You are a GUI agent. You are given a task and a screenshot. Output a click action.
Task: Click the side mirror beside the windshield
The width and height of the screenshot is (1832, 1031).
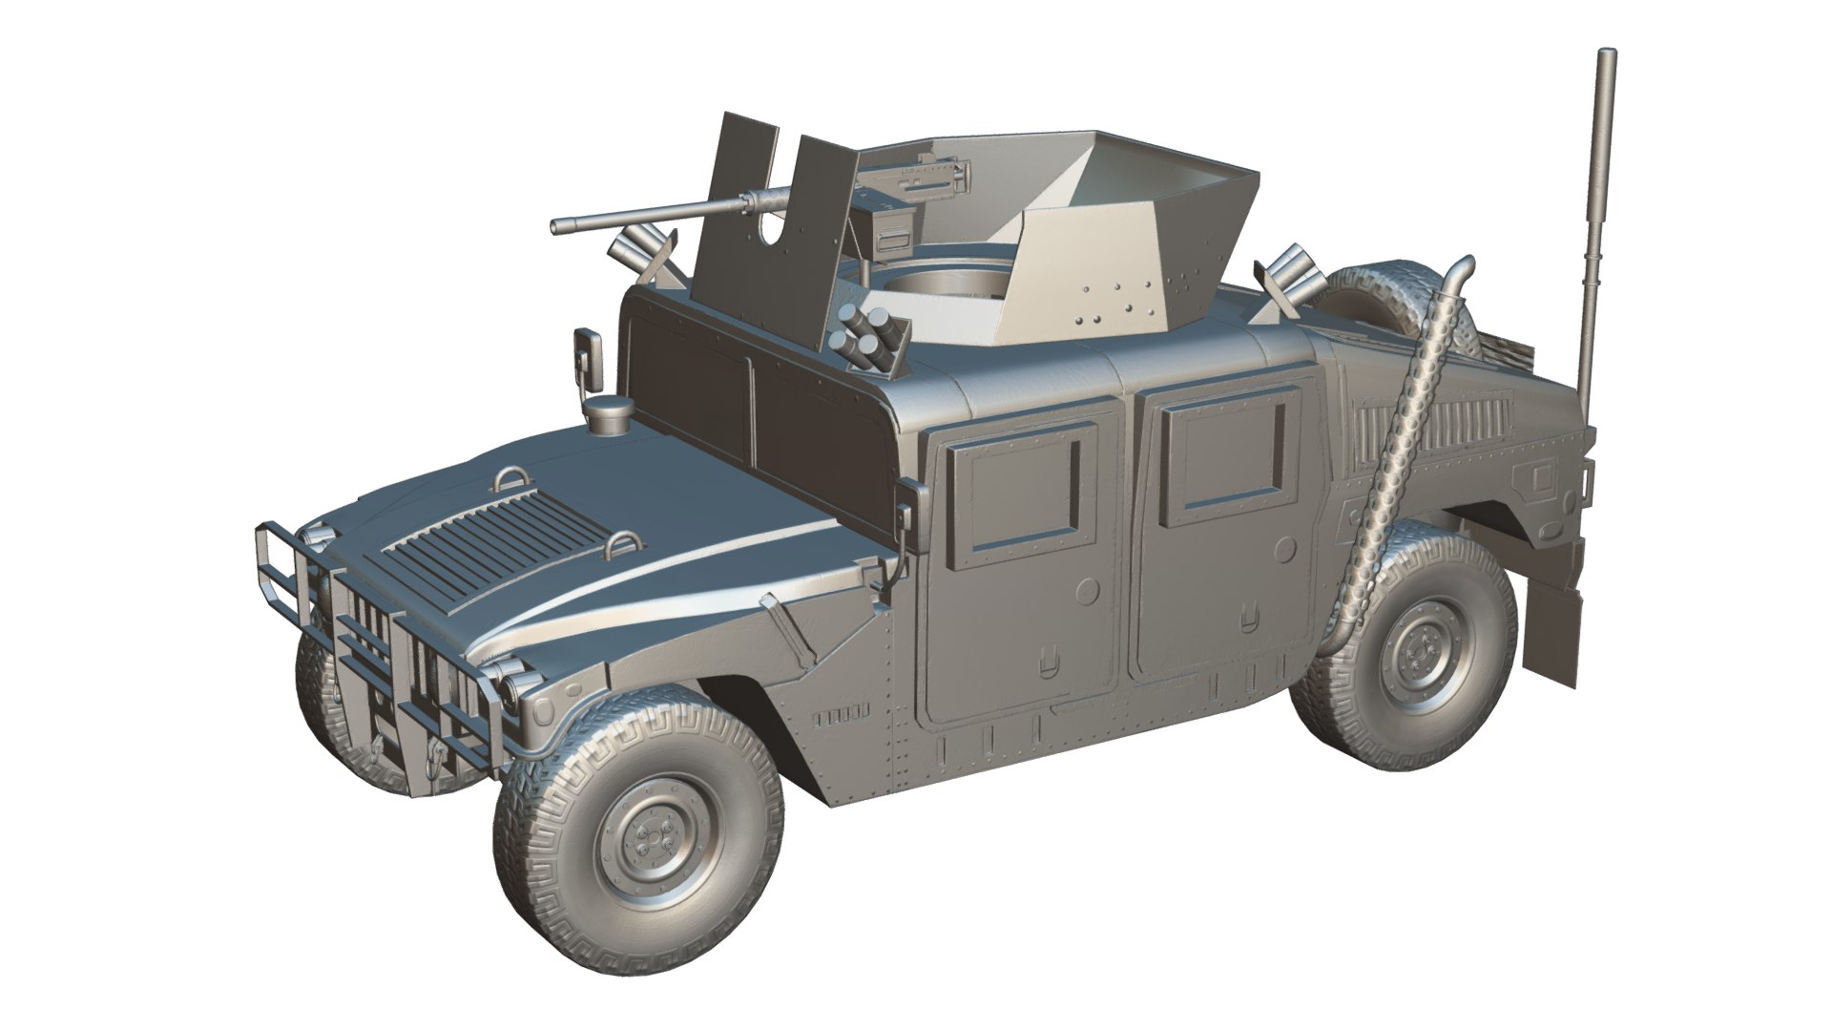(x=588, y=362)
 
